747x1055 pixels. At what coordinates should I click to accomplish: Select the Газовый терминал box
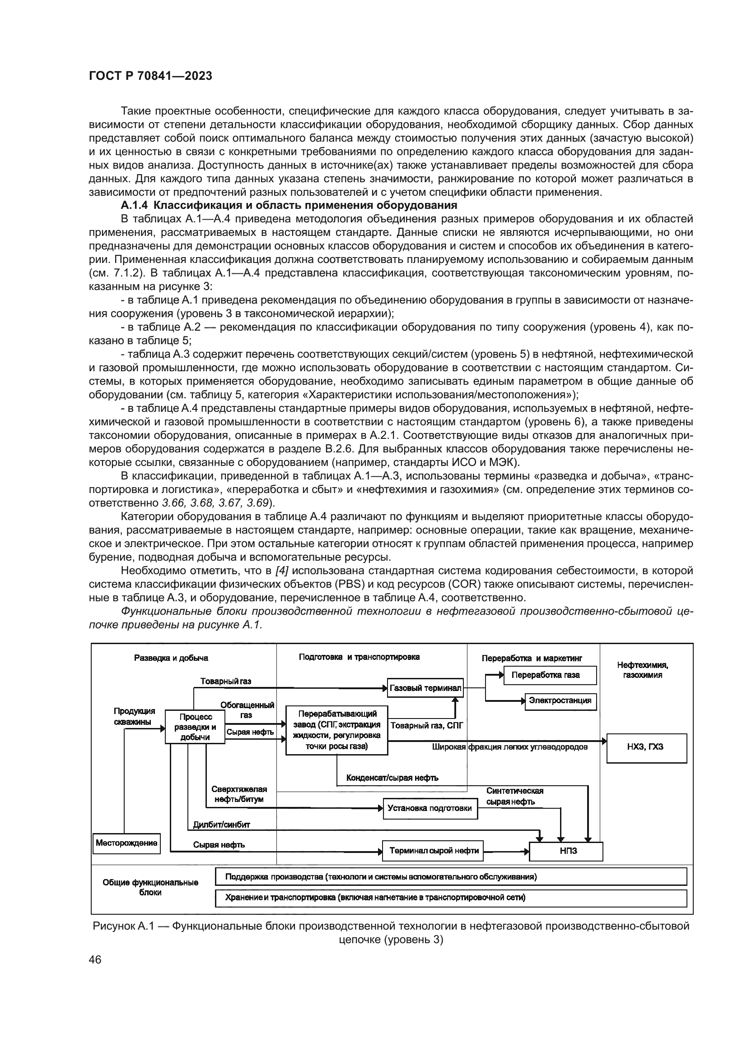[425, 688]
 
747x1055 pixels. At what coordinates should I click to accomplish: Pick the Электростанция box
[560, 701]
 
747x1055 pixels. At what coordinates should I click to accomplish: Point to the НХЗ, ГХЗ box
[646, 746]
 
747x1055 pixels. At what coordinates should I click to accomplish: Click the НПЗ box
[566, 851]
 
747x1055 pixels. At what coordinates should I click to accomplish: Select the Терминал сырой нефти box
[433, 851]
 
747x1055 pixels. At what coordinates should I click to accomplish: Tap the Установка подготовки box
[430, 808]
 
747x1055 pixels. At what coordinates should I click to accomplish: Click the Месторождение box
[126, 843]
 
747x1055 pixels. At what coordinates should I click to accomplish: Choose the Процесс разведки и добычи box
[195, 727]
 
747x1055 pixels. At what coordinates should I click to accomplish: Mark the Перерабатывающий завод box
[337, 730]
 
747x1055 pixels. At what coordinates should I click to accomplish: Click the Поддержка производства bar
[451, 876]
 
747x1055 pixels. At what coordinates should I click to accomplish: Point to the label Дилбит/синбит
[222, 825]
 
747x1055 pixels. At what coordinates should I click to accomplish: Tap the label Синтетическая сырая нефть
[514, 796]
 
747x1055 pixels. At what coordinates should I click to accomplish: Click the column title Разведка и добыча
[171, 658]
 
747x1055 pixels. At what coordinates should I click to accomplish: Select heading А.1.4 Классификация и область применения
[289, 205]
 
